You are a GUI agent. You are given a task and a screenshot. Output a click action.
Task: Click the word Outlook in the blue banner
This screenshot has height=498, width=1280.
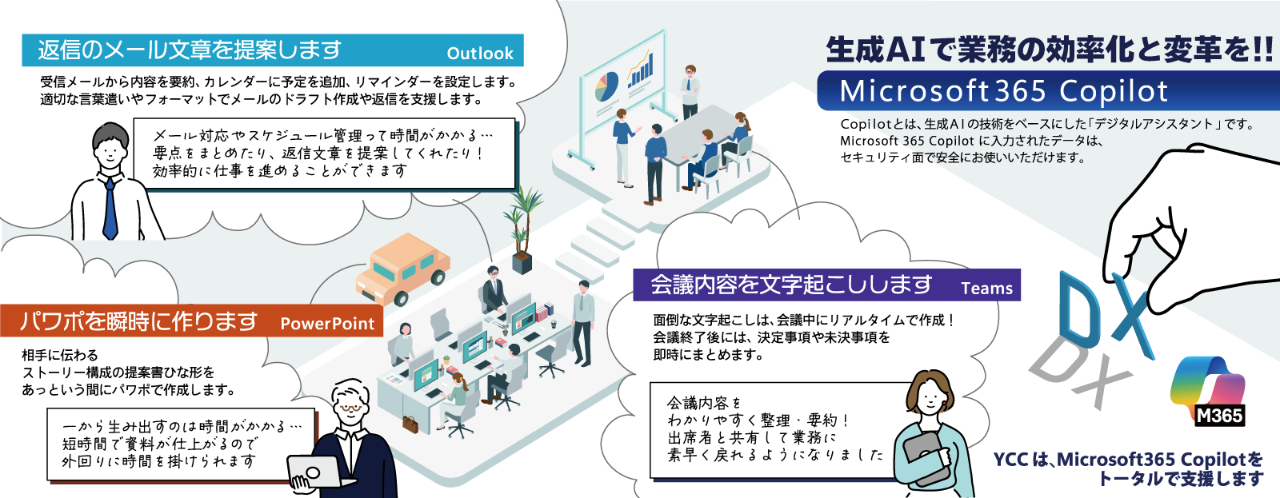point(480,53)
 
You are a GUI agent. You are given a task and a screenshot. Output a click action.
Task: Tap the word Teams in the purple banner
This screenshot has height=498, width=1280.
point(987,288)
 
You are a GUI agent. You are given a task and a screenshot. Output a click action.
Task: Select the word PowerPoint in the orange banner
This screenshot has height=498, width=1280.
point(327,323)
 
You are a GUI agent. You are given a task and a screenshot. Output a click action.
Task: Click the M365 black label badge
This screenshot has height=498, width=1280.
point(1219,415)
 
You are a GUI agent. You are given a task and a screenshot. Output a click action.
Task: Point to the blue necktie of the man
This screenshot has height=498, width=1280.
point(110,209)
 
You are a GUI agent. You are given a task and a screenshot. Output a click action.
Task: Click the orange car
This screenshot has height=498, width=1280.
point(402,269)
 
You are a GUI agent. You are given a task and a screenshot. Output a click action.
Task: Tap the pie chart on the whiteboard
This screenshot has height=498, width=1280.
point(607,86)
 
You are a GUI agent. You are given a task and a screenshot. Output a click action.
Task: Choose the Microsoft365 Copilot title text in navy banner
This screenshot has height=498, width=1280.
point(1004,91)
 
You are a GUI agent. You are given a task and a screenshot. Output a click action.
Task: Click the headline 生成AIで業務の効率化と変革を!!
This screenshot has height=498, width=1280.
point(1049,50)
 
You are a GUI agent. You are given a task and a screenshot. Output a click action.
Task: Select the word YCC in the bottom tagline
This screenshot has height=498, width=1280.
point(1011,459)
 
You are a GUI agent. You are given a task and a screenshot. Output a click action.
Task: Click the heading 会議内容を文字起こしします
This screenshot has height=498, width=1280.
point(791,285)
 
